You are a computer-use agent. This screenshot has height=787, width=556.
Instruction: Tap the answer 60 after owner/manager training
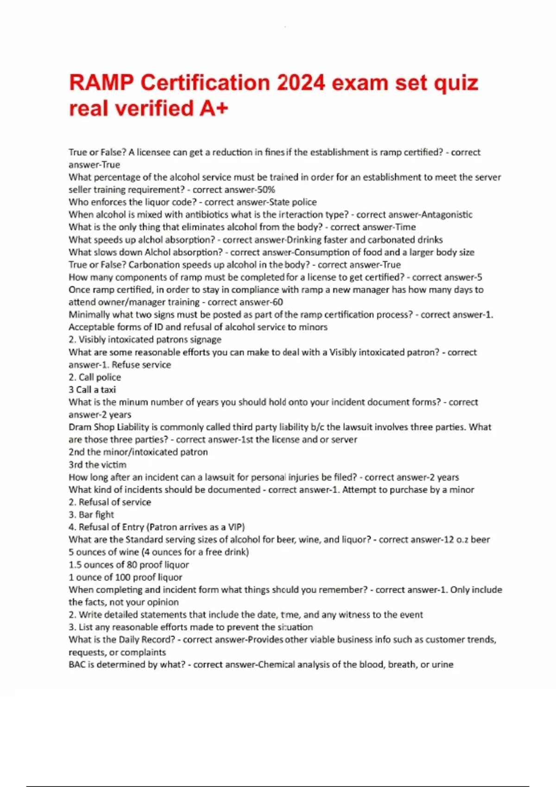[x=278, y=302]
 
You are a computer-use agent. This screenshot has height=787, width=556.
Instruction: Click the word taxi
[x=108, y=389]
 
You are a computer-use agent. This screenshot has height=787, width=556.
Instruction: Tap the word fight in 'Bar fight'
[x=105, y=514]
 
